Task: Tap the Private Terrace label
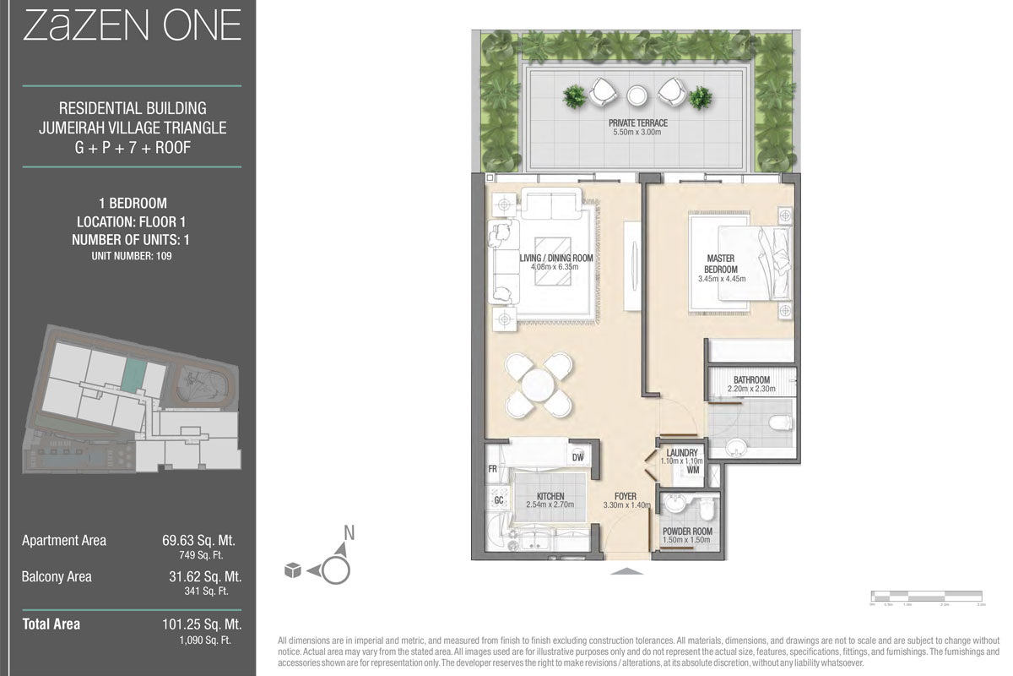[637, 123]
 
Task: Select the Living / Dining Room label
[556, 258]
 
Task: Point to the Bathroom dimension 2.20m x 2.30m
[750, 390]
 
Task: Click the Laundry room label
[682, 453]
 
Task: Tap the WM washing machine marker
[692, 470]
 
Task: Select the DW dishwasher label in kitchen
[578, 457]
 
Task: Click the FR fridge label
[491, 467]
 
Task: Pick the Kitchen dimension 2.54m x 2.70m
[549, 505]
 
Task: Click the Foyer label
[626, 496]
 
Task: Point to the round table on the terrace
[637, 95]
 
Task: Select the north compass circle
[335, 570]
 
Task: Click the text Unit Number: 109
[131, 255]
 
